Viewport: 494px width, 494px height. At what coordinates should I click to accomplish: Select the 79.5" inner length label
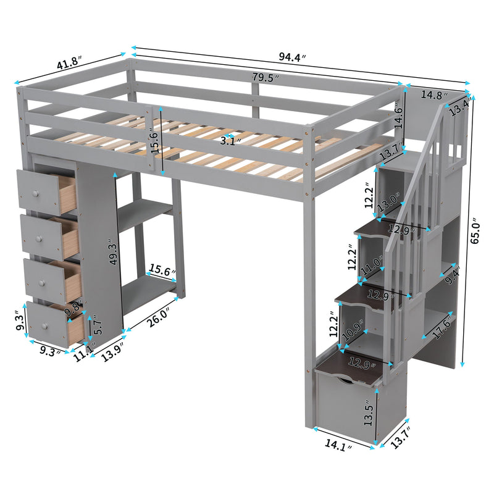264,78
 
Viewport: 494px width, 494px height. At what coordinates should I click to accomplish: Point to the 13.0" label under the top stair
390,202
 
